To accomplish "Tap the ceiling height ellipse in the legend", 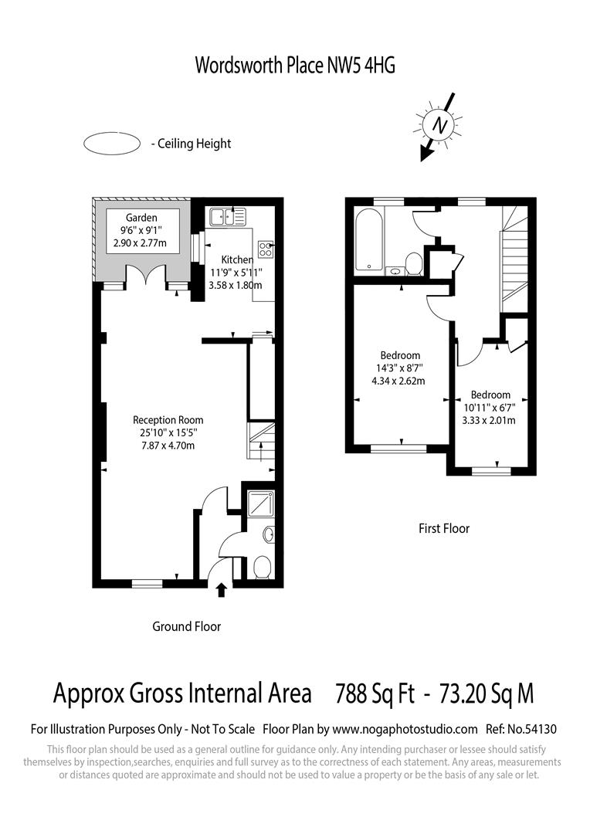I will click(x=111, y=143).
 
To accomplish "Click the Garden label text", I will click(x=142, y=218).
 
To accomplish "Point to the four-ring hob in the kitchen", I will click(x=266, y=249).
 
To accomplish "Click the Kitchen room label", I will click(x=236, y=260).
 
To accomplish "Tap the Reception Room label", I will click(x=167, y=420).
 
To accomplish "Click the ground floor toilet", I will click(x=261, y=568).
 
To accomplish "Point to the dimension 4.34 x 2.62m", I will click(x=398, y=381).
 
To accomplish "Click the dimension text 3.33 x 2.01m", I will click(x=488, y=420).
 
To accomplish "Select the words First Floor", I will click(x=444, y=529).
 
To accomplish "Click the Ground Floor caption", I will click(x=186, y=626).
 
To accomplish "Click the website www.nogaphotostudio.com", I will click(x=405, y=728).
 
